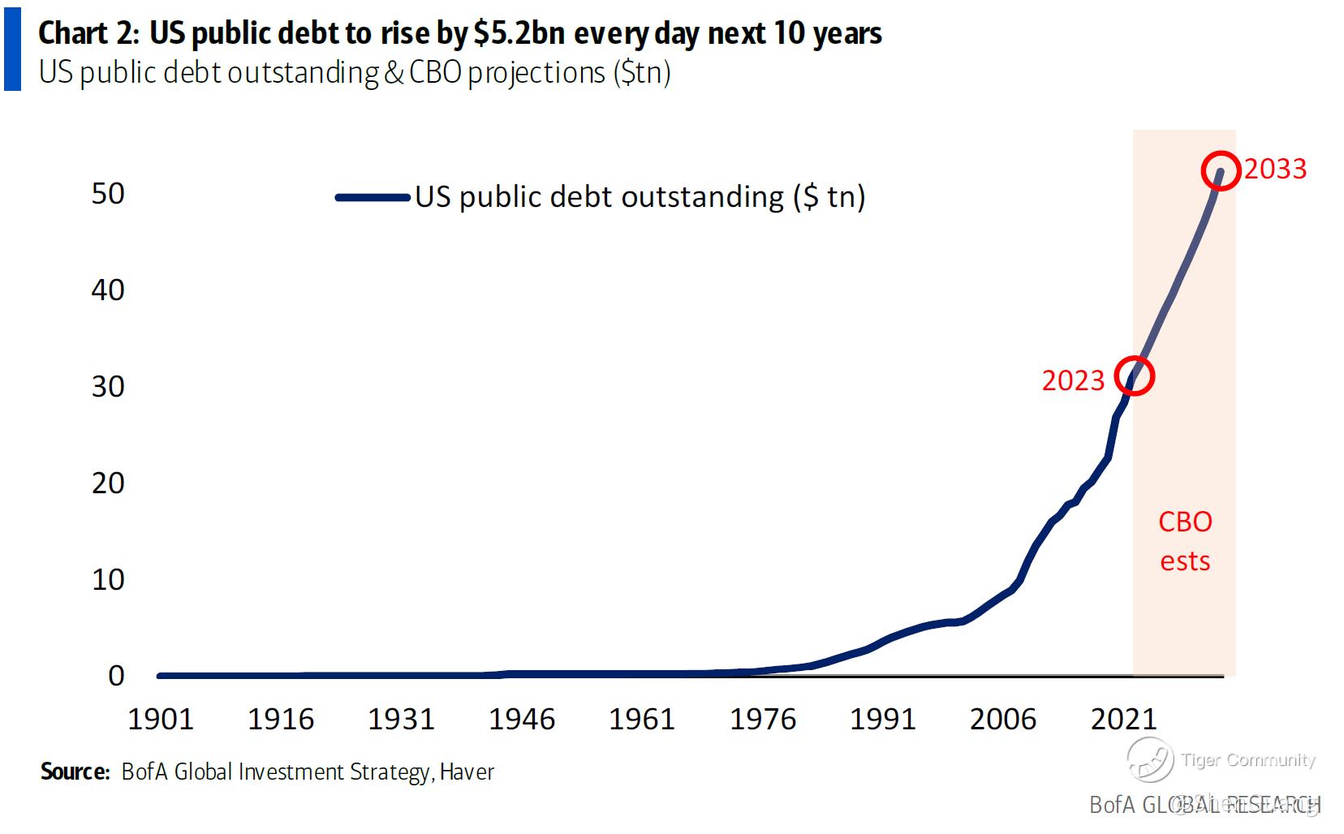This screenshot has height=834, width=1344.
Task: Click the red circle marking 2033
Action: [1221, 171]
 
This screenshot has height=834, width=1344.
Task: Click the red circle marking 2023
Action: [1134, 376]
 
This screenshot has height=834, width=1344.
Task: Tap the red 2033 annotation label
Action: [1275, 169]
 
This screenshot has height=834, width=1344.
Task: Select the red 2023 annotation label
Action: [1073, 380]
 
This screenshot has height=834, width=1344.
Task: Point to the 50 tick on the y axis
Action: [108, 194]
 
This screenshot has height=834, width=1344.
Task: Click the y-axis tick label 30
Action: [108, 387]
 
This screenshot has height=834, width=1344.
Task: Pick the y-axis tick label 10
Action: [108, 580]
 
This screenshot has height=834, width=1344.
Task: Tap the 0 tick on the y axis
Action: [116, 676]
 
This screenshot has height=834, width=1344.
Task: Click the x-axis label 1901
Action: [161, 720]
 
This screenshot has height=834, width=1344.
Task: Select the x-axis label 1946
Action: [521, 720]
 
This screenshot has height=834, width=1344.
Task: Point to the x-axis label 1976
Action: [762, 720]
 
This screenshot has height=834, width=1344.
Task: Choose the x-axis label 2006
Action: [1003, 720]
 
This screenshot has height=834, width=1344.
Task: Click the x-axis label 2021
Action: [1123, 720]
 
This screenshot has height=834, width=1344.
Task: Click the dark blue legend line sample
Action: [372, 197]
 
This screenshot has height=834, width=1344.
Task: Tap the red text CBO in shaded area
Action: [1185, 522]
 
